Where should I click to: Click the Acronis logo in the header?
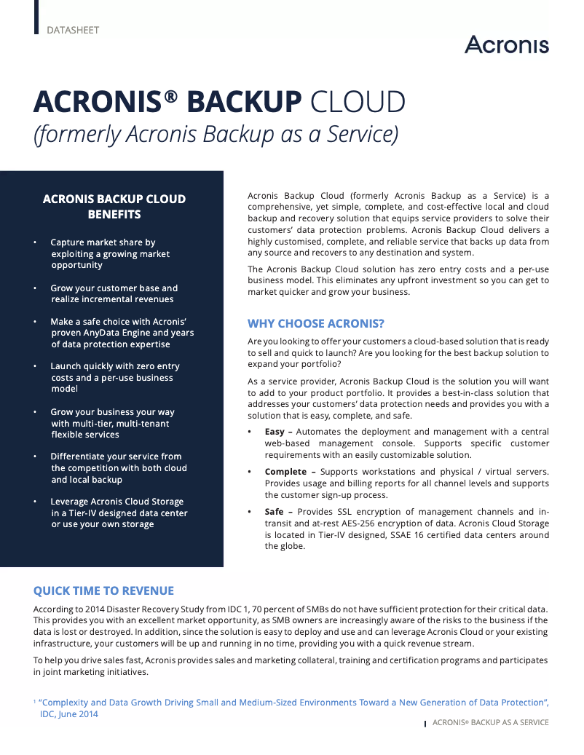[x=507, y=45]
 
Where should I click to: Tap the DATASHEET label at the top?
[x=73, y=31]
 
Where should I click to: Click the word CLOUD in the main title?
[x=358, y=102]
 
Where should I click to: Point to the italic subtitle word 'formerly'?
[x=79, y=136]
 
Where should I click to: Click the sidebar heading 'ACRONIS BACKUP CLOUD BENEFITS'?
[x=114, y=207]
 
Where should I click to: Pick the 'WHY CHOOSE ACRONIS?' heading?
[x=315, y=323]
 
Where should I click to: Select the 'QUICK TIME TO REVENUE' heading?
[x=103, y=590]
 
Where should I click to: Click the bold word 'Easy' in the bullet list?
[x=275, y=432]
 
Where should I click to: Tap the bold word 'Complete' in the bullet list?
[x=285, y=472]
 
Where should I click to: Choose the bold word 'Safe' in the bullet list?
[x=275, y=512]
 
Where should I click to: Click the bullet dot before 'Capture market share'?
[x=35, y=242]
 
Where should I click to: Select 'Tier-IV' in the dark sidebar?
[x=76, y=513]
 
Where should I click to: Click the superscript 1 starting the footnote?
[x=35, y=702]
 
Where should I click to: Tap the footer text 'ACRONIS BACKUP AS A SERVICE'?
[x=491, y=722]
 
